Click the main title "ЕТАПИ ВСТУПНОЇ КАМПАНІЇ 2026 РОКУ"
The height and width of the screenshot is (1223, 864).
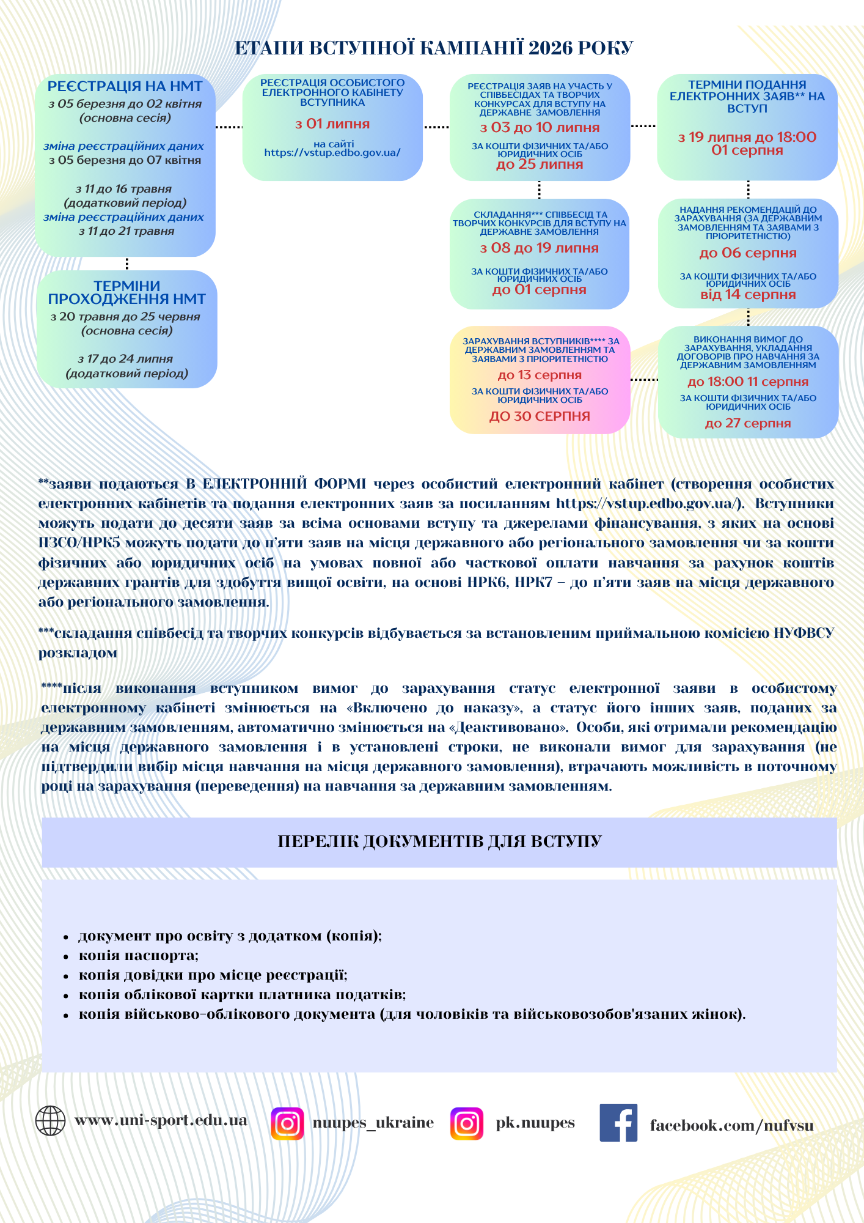click(x=433, y=48)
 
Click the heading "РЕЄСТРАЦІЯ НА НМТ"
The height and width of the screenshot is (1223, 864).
click(x=125, y=86)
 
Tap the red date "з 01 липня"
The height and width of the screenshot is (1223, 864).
click(x=332, y=124)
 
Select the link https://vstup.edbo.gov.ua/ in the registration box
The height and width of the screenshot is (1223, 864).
click(x=332, y=153)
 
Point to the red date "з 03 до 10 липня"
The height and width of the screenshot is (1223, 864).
click(x=540, y=128)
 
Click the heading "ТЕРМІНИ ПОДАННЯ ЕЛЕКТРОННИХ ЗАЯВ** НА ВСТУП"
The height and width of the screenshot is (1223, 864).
click(x=747, y=97)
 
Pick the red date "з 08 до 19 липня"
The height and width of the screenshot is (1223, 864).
click(x=539, y=248)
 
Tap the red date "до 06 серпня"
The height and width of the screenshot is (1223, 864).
click(x=747, y=253)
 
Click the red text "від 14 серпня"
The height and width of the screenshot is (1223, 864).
click(x=747, y=295)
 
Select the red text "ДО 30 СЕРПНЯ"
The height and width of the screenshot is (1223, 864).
click(x=540, y=416)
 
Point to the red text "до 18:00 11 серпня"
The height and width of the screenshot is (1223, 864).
click(x=747, y=382)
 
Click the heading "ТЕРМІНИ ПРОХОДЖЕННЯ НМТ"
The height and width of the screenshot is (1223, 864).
click(x=126, y=292)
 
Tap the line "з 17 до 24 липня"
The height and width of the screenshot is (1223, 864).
click(x=125, y=359)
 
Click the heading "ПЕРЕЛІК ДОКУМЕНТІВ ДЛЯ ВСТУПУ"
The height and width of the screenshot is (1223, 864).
click(x=439, y=841)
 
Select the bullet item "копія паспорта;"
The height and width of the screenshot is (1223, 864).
click(x=139, y=955)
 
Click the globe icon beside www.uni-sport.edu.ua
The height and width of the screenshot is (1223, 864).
click(x=50, y=1121)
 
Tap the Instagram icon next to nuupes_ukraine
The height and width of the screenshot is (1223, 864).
click(x=287, y=1123)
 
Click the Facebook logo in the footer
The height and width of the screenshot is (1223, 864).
click(x=618, y=1123)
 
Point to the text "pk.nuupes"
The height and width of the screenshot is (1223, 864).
click(x=535, y=1123)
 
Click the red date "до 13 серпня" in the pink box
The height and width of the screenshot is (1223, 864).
click(x=540, y=375)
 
